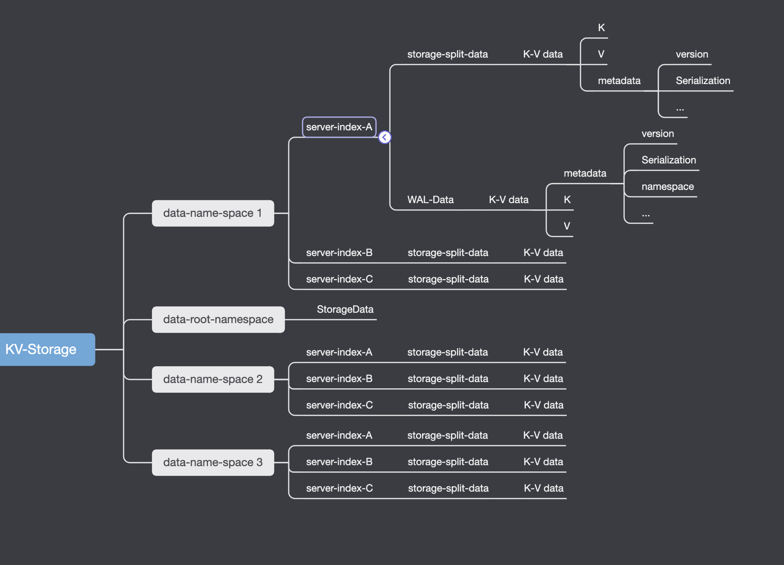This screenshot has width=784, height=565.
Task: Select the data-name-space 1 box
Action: (213, 213)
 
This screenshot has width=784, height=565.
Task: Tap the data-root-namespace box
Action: (218, 320)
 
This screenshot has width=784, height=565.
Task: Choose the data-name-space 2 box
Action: (213, 379)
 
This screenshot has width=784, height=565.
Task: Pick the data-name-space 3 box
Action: (213, 462)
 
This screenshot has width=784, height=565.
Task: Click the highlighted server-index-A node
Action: (339, 127)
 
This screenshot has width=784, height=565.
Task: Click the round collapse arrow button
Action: (385, 137)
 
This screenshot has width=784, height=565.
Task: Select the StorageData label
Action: (345, 309)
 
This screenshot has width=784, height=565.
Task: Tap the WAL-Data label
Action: (430, 200)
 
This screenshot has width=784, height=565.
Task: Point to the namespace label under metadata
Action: (667, 186)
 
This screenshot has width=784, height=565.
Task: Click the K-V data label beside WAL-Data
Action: (509, 200)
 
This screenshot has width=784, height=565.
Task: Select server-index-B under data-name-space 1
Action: (339, 253)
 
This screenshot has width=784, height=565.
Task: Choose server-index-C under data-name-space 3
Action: (339, 488)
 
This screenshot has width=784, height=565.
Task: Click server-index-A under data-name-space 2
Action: (339, 352)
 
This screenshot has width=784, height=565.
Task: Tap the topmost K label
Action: (601, 28)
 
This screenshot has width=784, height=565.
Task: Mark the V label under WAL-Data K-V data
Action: (567, 226)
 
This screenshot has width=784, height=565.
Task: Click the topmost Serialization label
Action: (703, 81)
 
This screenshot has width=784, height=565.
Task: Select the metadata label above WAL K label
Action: (585, 173)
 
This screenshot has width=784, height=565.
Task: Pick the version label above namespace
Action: (658, 134)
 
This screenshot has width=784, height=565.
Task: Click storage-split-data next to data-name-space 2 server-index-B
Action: (448, 379)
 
